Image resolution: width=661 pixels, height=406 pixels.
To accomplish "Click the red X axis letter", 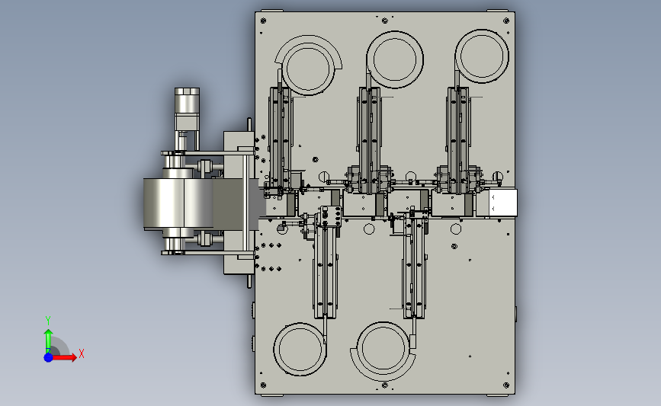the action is pyautogui.click(x=82, y=353).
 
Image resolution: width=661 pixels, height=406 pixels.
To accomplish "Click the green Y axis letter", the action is pyautogui.click(x=48, y=321).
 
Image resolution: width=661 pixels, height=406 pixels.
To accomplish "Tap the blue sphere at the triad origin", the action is pyautogui.click(x=49, y=357).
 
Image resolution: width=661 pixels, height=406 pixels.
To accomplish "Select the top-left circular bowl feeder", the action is pyautogui.click(x=308, y=66).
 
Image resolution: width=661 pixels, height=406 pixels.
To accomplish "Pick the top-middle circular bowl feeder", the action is pyautogui.click(x=395, y=59).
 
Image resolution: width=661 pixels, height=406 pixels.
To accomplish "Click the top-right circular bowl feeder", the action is pyautogui.click(x=482, y=56).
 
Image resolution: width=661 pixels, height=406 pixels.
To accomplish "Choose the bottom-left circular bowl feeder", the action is pyautogui.click(x=300, y=349).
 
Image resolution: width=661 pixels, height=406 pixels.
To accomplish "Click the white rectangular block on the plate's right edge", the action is pyautogui.click(x=503, y=203).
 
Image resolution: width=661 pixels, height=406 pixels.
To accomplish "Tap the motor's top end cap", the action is pyautogui.click(x=188, y=91).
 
